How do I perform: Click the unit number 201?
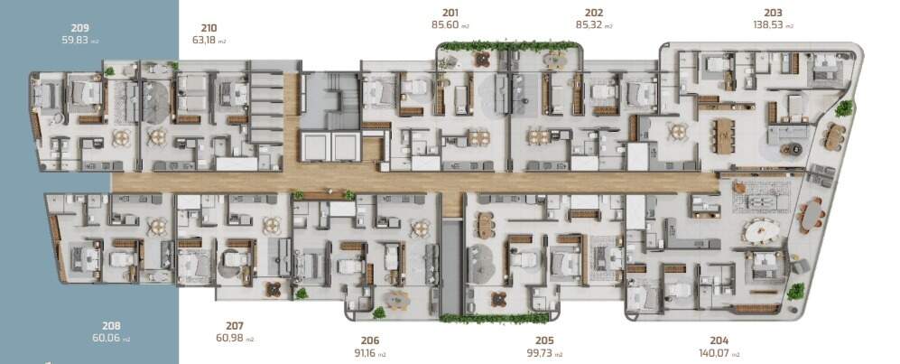(450, 13)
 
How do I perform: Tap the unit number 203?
(773, 13)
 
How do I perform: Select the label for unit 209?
(79, 28)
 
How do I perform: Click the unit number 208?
(111, 325)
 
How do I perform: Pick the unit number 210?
(209, 28)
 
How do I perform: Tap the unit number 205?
(544, 341)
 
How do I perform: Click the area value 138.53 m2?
(773, 24)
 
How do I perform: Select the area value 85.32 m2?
(594, 24)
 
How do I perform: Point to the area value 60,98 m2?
(235, 338)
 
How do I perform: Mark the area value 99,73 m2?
(544, 353)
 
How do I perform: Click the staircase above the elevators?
(330, 101)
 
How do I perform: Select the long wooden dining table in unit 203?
(725, 135)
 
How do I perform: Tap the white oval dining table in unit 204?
(761, 232)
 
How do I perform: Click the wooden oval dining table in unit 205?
(486, 225)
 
